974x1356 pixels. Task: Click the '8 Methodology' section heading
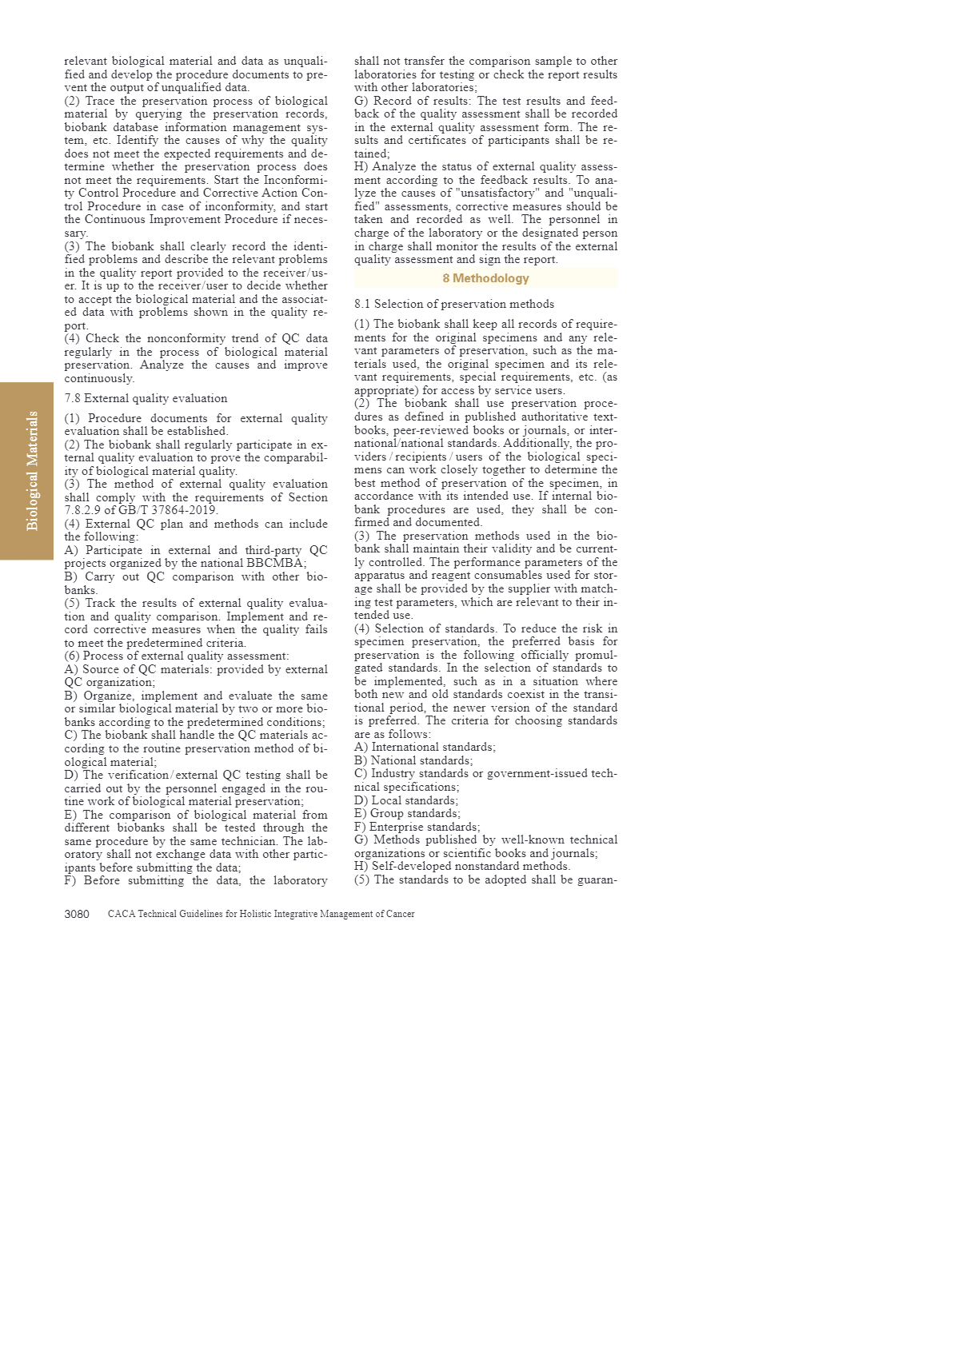click(485, 278)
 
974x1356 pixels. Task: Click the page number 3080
click(77, 914)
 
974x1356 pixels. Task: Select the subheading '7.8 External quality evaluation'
click(146, 398)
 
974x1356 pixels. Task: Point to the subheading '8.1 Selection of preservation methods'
click(453, 304)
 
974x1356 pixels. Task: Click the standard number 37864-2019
click(183, 510)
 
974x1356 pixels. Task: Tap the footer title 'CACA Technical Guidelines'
click(261, 914)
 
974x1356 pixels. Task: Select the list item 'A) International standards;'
click(425, 747)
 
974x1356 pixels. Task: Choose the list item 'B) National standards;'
click(413, 760)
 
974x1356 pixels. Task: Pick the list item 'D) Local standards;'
click(406, 800)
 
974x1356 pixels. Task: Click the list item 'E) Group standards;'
click(407, 813)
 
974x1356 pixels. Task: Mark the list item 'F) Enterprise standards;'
click(417, 827)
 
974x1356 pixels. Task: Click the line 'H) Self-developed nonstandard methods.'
click(462, 866)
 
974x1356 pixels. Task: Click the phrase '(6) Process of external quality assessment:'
click(177, 656)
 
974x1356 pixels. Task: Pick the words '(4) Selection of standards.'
click(426, 628)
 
